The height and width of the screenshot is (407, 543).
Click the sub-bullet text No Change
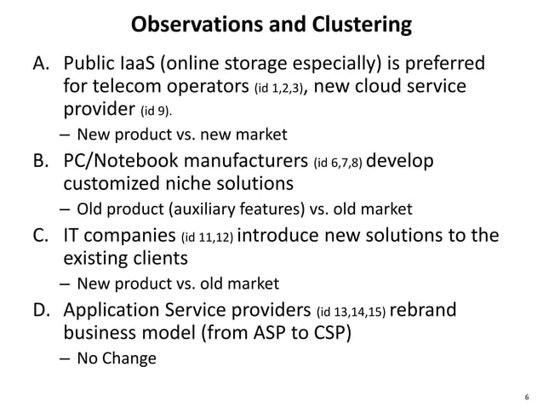[x=117, y=358]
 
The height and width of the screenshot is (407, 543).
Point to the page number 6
[x=528, y=396]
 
